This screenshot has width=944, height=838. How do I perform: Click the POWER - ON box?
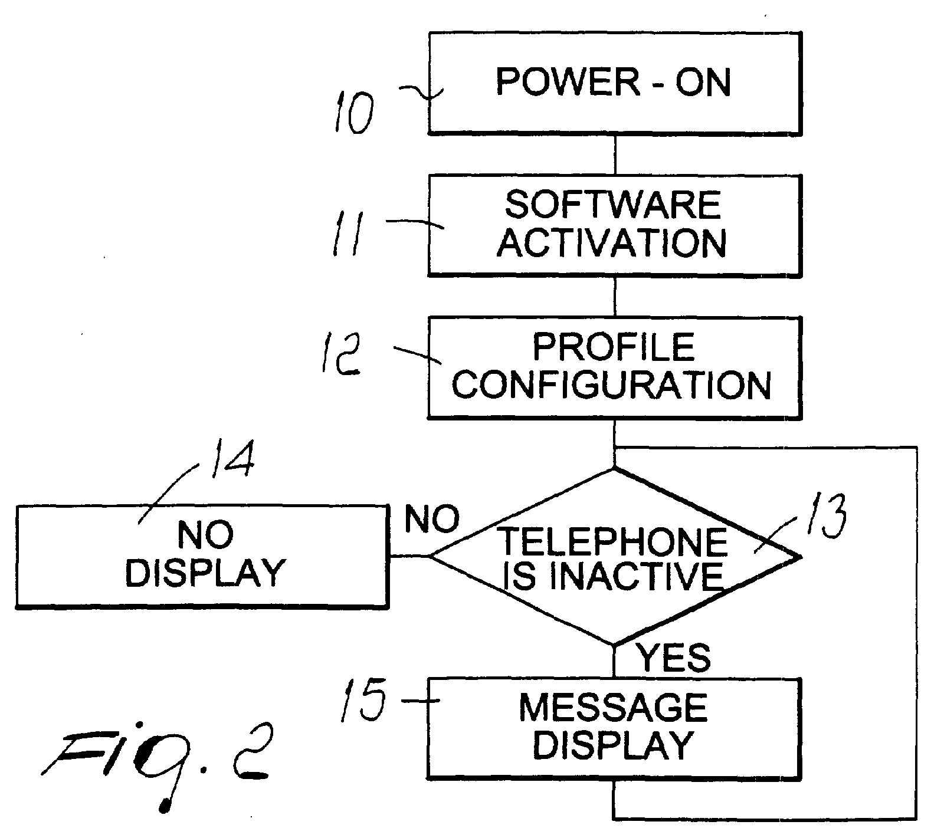tap(615, 84)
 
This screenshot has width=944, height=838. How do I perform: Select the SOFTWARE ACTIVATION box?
tap(615, 225)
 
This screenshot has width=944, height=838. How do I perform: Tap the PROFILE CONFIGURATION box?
tap(615, 368)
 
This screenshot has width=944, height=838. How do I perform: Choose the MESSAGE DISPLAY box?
tap(614, 728)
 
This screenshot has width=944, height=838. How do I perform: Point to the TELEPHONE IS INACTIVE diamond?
tap(615, 556)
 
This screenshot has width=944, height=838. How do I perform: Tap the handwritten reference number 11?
tap(348, 234)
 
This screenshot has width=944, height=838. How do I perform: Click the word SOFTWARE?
tap(613, 205)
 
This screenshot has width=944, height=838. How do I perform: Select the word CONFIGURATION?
tap(612, 385)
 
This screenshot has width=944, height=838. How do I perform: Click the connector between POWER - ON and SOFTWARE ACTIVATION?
tap(615, 155)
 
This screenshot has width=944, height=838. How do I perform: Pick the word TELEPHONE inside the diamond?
tap(613, 541)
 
